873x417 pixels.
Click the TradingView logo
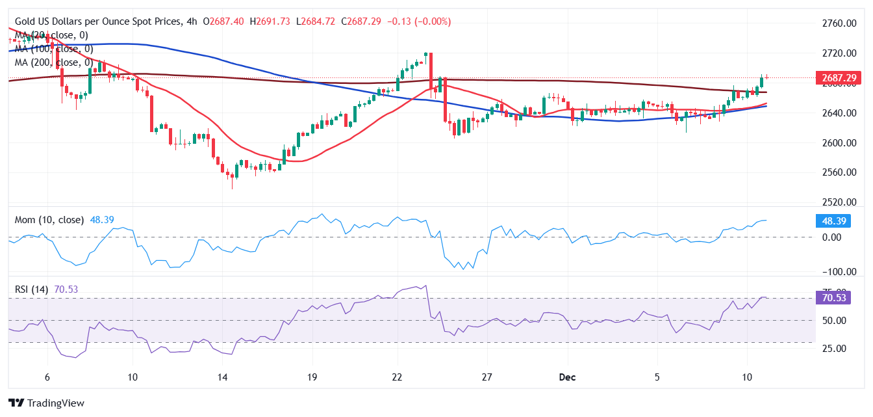tap(46, 403)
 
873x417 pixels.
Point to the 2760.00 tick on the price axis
tap(836, 23)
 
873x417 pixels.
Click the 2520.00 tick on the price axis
tap(836, 202)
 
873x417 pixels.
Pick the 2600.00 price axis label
tap(836, 142)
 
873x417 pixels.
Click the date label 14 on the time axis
tap(222, 377)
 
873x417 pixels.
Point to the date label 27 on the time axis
tap(487, 377)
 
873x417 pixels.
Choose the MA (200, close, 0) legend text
tap(54, 62)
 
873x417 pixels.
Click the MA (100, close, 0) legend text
tap(54, 49)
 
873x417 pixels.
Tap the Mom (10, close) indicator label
tap(49, 220)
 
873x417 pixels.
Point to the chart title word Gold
tap(27, 21)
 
